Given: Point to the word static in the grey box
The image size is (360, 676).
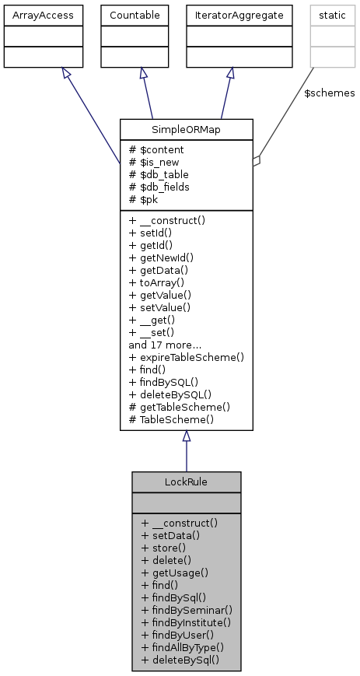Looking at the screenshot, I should pyautogui.click(x=332, y=14).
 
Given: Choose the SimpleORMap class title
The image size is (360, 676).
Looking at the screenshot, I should pyautogui.click(x=186, y=128).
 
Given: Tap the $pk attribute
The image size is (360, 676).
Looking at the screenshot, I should pyautogui.click(x=145, y=199).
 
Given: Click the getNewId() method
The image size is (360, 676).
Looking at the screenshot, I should pyautogui.click(x=167, y=257).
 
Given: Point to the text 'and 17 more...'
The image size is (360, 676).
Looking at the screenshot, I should pyautogui.click(x=165, y=345).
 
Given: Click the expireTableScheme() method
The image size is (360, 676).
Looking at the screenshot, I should pyautogui.click(x=187, y=357).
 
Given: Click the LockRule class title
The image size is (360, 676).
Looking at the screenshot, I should pyautogui.click(x=186, y=482).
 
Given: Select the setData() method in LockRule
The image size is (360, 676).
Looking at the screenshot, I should pyautogui.click(x=170, y=535).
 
